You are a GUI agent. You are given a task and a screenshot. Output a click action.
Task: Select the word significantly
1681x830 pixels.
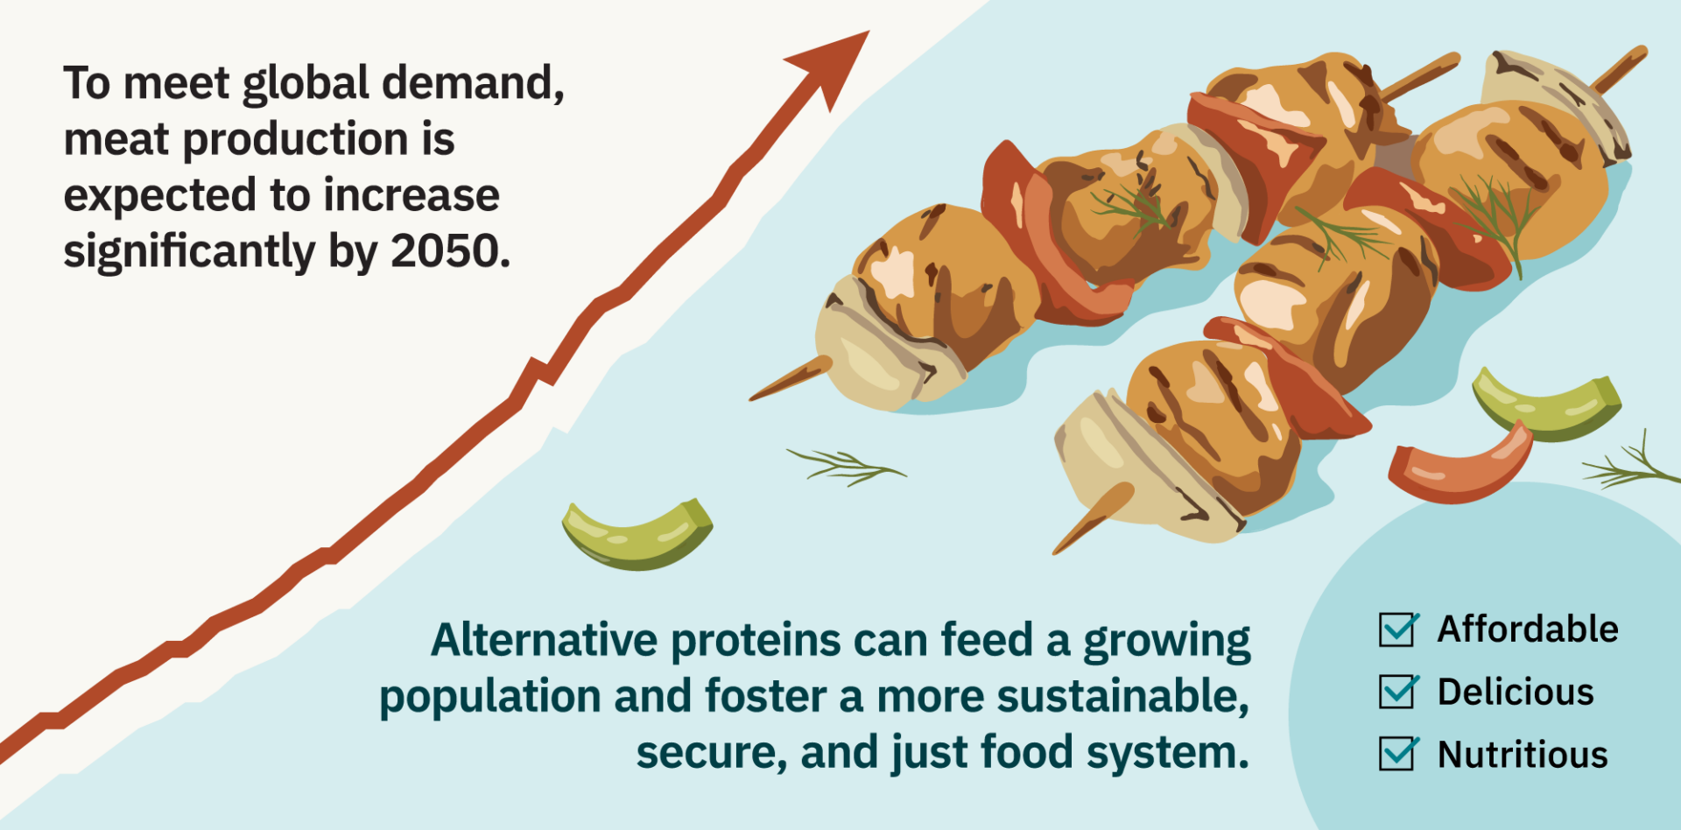pos(188,252)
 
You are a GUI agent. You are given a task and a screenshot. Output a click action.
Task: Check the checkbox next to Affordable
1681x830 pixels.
pos(1397,630)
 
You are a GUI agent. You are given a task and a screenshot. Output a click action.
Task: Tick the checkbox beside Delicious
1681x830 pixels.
pos(1397,692)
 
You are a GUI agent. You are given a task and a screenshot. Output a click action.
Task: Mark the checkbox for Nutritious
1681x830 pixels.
pos(1397,754)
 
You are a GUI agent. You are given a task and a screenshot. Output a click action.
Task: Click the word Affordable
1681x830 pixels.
pos(1528,630)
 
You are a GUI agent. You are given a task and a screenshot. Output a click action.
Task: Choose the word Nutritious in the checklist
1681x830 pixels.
pos(1523,755)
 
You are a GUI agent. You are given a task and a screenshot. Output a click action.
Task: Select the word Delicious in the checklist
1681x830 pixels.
pos(1516,692)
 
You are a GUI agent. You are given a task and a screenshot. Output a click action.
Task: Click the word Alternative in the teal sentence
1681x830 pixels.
pos(544,640)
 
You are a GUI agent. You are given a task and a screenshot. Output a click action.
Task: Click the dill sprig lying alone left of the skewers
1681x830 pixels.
pos(844,465)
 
